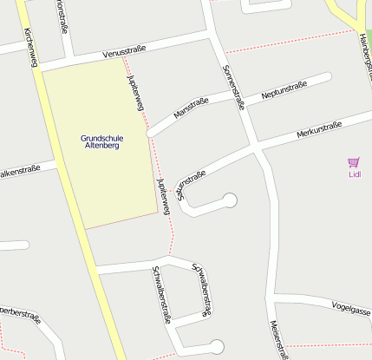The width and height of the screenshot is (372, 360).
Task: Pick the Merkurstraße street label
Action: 319,129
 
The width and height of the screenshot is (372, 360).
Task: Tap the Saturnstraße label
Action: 191,185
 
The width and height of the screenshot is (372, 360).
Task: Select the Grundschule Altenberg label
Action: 100,141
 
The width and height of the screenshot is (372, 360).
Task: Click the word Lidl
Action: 354,173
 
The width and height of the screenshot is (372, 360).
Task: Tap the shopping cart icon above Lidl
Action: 353,161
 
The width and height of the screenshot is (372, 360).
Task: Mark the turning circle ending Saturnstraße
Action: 230,201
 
